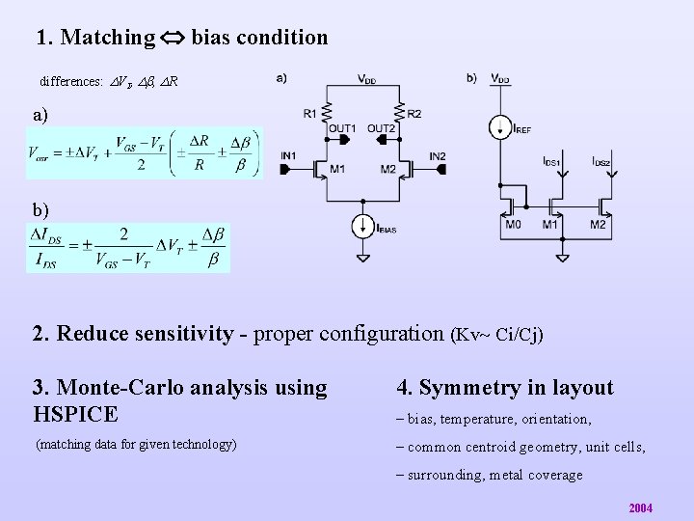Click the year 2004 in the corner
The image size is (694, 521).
(640, 507)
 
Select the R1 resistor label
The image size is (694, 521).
(310, 114)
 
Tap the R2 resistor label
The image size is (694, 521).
(414, 114)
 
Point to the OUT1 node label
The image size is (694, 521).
(342, 128)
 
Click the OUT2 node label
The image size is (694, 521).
(382, 128)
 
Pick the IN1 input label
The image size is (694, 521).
(288, 156)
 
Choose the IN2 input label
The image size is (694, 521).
(438, 156)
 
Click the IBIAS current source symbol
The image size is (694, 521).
(361, 226)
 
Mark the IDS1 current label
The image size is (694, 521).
(551, 161)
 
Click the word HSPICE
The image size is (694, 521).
(75, 415)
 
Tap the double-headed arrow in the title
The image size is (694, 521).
(173, 39)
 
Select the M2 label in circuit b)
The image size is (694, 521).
(599, 225)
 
